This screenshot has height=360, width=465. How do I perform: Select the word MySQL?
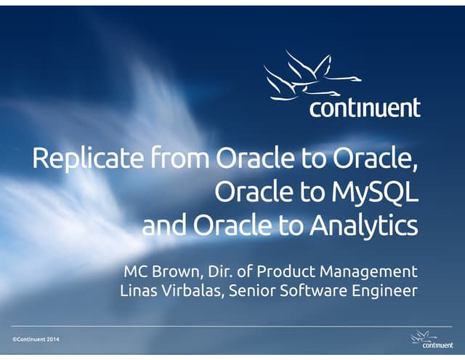point(381,192)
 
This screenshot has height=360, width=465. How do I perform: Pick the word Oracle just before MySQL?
point(251,192)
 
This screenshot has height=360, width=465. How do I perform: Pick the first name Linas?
point(139,292)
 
